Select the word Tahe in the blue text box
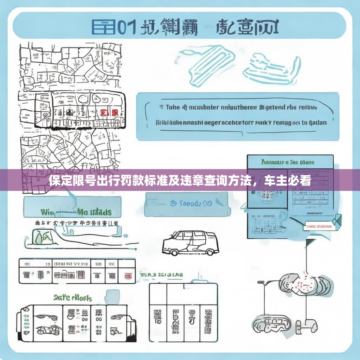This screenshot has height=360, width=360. [172, 108]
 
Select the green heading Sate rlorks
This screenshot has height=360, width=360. [72, 298]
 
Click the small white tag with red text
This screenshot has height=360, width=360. [318, 227]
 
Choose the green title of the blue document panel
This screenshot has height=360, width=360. [288, 162]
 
